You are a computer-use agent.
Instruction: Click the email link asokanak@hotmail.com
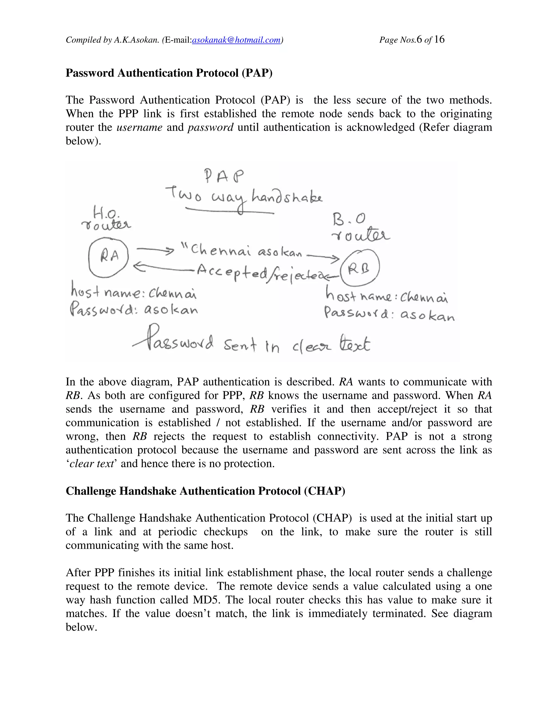pos(236,40)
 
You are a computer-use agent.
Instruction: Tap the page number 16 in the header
pos(439,40)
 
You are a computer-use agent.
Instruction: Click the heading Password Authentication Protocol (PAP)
pos(169,73)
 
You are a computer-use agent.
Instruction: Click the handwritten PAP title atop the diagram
pos(224,177)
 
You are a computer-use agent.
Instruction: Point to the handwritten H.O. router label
pos(107,219)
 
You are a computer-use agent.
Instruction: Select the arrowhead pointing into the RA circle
pos(138,267)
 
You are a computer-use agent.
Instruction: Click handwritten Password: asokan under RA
pos(134,310)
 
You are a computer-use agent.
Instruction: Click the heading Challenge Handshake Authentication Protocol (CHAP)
pos(205,491)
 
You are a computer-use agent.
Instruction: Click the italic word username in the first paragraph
pos(139,128)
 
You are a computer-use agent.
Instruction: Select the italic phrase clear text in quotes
pos(92,464)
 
